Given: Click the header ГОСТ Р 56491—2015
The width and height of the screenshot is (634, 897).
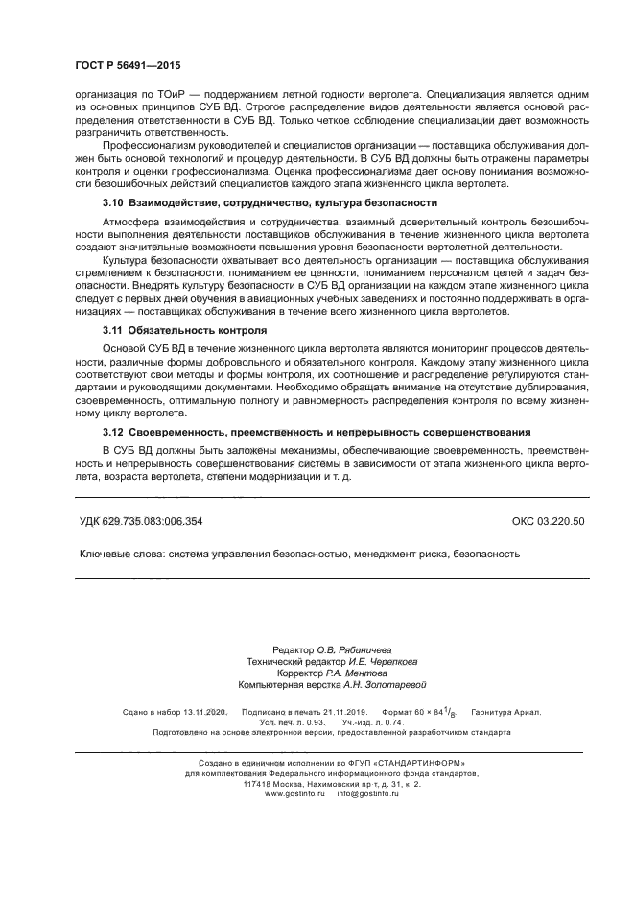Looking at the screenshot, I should (128, 66).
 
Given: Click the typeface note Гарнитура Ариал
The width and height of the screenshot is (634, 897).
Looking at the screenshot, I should (506, 712).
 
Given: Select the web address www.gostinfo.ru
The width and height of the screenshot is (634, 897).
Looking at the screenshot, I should (294, 794).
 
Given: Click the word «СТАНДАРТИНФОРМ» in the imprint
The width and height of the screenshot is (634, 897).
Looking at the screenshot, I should (402, 763).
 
